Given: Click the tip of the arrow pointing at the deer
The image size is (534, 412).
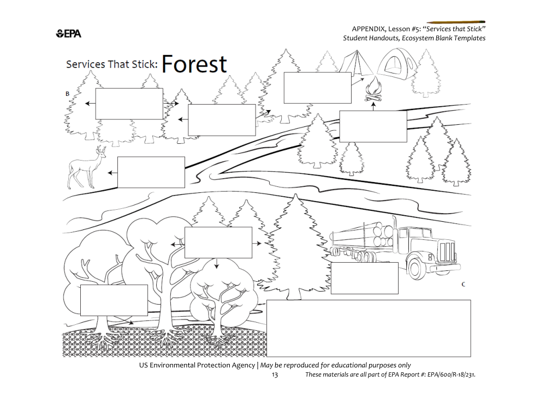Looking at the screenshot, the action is (x=108, y=173).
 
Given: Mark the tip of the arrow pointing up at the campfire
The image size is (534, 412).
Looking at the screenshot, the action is (x=373, y=102).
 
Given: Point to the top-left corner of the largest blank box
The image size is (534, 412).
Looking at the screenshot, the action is (x=266, y=300).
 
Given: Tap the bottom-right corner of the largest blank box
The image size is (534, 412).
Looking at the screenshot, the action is (x=471, y=357).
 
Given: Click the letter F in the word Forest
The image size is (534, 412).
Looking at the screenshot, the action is (x=168, y=64).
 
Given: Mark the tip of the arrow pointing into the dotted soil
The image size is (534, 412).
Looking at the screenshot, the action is (x=134, y=323).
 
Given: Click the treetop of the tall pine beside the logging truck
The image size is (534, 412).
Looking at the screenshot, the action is (x=295, y=195).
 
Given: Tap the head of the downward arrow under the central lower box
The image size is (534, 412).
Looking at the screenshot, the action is (x=216, y=268).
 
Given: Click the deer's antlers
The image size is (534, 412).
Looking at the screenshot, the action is (x=101, y=149).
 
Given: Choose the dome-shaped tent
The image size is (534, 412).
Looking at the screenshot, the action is (x=396, y=64).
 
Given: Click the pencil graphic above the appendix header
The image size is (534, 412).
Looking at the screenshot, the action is (x=456, y=22).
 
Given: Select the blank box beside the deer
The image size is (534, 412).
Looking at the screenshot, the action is (x=151, y=172).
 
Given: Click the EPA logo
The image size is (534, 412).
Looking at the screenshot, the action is (x=68, y=34).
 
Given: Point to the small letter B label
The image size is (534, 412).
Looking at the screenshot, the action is (x=67, y=94).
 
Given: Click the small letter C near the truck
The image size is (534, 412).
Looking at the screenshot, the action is (x=463, y=284).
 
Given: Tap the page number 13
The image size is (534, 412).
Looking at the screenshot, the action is (x=275, y=375).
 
